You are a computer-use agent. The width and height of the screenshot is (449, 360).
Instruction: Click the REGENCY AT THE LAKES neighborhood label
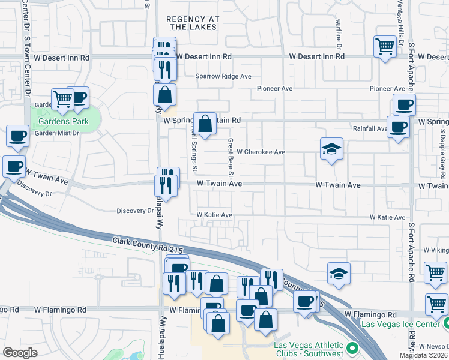(x=193, y=23)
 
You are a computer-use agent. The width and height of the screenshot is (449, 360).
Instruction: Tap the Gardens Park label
(x=64, y=121)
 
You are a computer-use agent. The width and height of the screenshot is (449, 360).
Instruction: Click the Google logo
(x=20, y=353)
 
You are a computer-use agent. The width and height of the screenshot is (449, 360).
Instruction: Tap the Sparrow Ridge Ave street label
(x=223, y=77)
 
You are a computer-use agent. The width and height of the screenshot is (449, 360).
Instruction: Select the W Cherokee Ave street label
(x=261, y=152)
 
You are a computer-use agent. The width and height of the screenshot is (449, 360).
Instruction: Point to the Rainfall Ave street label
(x=370, y=128)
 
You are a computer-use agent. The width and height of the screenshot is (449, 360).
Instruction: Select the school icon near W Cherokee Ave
(x=330, y=149)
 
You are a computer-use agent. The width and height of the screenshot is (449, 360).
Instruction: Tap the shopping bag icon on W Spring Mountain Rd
(x=205, y=124)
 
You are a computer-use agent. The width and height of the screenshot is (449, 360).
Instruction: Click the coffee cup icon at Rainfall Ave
(x=397, y=127)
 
